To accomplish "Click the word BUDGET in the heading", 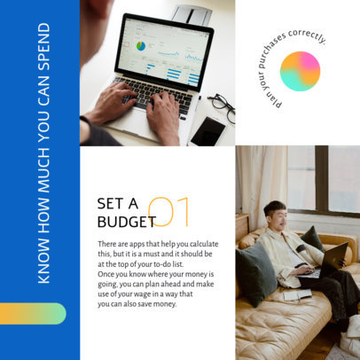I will click(x=126, y=222).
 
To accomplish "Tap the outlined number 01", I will click(x=171, y=212).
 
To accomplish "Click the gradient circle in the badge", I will click(x=300, y=71).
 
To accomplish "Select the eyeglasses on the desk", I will click(x=221, y=107).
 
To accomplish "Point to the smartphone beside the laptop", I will click(x=207, y=130).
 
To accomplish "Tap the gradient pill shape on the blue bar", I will click(x=33, y=314).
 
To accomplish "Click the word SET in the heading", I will click(x=112, y=204).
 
